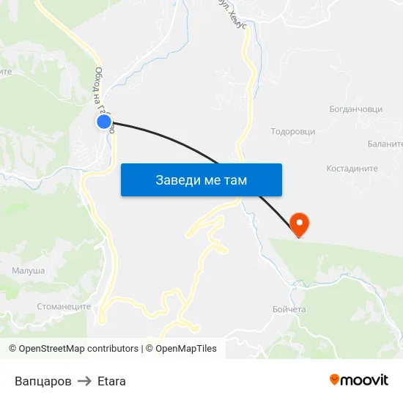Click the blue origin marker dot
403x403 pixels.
pos(104,122)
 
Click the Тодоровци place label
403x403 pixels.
pos(293,132)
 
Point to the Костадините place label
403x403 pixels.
pos(352,169)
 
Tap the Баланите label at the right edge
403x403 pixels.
pos(386,144)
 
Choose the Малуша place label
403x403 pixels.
pos(28,271)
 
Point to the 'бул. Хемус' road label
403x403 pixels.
pos(228,13)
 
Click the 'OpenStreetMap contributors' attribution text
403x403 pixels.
pos(78,349)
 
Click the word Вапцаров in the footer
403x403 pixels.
pos(43,381)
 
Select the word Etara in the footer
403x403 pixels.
pos(111,381)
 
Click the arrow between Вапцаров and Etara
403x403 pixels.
pos(84,381)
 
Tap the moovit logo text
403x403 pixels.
pos(365,380)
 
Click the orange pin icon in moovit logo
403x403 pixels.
pos(335,380)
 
